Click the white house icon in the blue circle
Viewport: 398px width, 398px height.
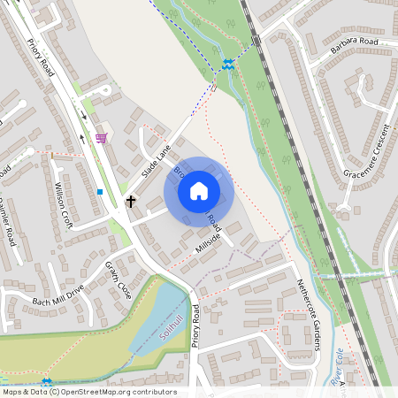pyautogui.click(x=199, y=190)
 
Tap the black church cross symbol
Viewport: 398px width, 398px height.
pyautogui.click(x=131, y=201)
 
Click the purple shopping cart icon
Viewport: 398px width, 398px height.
pyautogui.click(x=101, y=138)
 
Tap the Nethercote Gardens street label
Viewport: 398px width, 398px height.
pyautogui.click(x=307, y=313)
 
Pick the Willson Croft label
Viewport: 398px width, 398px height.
pyautogui.click(x=63, y=206)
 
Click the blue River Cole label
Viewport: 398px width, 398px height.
pyautogui.click(x=339, y=367)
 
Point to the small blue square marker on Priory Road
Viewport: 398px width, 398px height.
pyautogui.click(x=100, y=191)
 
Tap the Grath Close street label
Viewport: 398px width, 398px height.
pyautogui.click(x=119, y=279)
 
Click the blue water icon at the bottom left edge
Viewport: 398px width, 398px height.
pyautogui.click(x=47, y=382)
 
